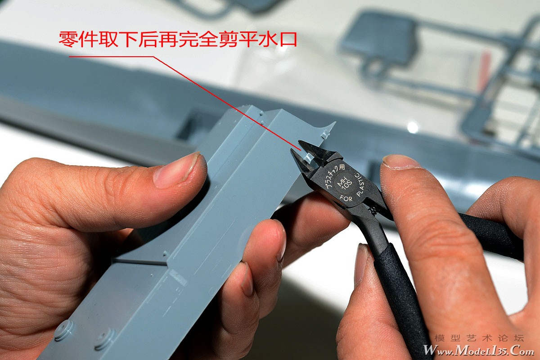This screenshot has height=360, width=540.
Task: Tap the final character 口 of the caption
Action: [x=287, y=40]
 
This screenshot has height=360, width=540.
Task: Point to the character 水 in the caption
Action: [x=267, y=40]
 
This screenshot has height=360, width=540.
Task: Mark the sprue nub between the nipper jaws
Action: [x=309, y=158]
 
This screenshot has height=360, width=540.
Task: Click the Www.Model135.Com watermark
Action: [x=478, y=350]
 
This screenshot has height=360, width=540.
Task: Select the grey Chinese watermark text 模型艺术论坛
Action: [x=480, y=338]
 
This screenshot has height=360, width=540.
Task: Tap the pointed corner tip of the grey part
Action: [x=335, y=122]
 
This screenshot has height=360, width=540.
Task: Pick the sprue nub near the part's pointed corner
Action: [x=325, y=134]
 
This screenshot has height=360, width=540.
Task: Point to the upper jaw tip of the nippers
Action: [x=299, y=142]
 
